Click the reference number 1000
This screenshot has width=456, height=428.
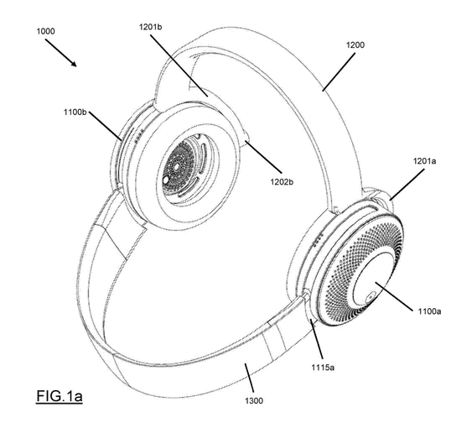click(45, 31)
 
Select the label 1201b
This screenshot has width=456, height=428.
click(150, 27)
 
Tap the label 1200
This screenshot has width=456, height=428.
click(355, 44)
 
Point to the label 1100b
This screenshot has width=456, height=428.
click(75, 112)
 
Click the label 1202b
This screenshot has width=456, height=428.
click(282, 182)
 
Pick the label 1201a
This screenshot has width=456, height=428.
click(425, 161)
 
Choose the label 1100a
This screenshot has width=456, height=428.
click(429, 311)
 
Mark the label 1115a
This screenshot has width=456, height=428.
click(323, 368)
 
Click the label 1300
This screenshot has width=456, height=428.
click(254, 401)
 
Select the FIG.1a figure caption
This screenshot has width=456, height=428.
click(60, 396)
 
